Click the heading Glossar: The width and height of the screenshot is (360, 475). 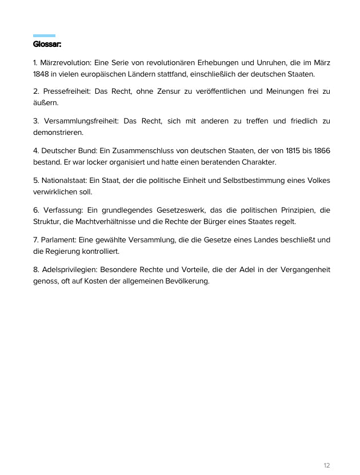click(x=47, y=44)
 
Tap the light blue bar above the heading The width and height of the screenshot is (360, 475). click(x=44, y=35)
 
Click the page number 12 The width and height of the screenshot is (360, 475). click(x=326, y=465)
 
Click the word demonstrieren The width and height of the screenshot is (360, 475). click(x=58, y=133)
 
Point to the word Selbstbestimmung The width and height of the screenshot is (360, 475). click(x=253, y=181)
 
